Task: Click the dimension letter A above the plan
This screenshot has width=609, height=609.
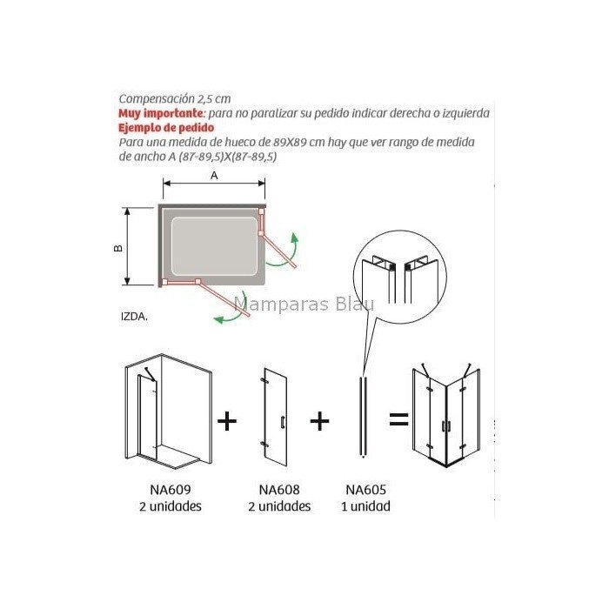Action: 214,176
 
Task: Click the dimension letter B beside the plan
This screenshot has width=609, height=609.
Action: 118,248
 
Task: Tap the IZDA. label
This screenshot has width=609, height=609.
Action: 134,317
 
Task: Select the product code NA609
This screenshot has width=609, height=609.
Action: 171,489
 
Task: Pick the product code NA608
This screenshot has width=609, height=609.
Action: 279,489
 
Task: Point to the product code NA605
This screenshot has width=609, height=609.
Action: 366,489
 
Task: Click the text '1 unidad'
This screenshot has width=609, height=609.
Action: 366,506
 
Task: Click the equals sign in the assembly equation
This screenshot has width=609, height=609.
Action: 398,419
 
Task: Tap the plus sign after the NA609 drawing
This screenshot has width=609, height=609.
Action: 227,420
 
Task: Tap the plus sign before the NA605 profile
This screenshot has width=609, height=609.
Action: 319,420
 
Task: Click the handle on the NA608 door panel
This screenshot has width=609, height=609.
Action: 283,422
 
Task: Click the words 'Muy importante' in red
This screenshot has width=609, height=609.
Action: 161,113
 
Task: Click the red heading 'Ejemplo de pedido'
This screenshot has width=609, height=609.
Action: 166,127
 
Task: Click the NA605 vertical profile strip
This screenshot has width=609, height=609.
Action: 363,417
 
